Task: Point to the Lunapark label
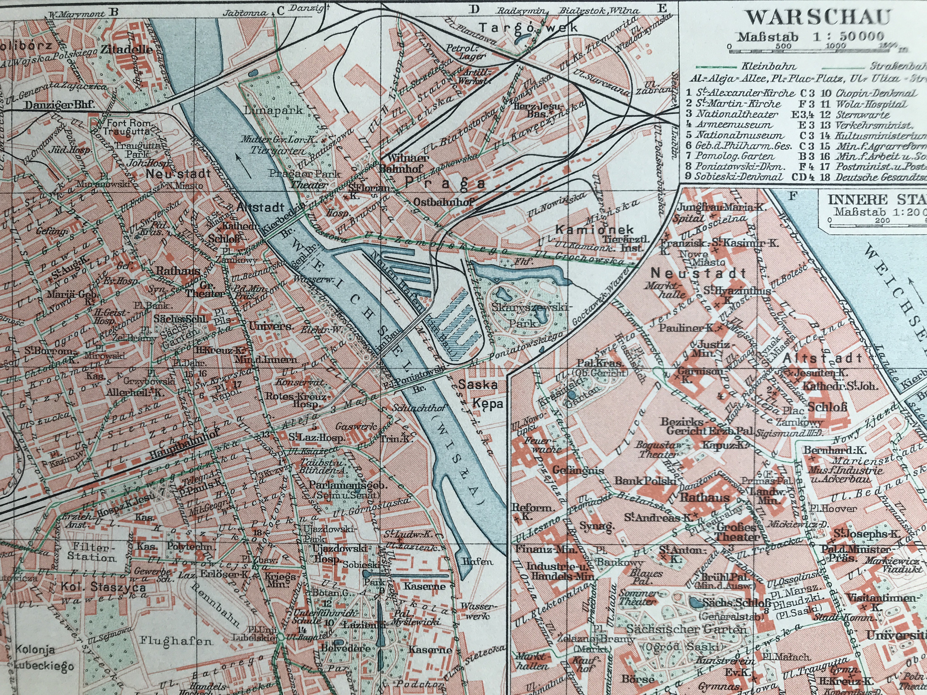(273, 110)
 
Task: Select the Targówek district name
(528, 28)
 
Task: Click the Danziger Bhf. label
(59, 104)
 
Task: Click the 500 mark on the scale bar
(783, 46)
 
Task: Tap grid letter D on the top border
(474, 9)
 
